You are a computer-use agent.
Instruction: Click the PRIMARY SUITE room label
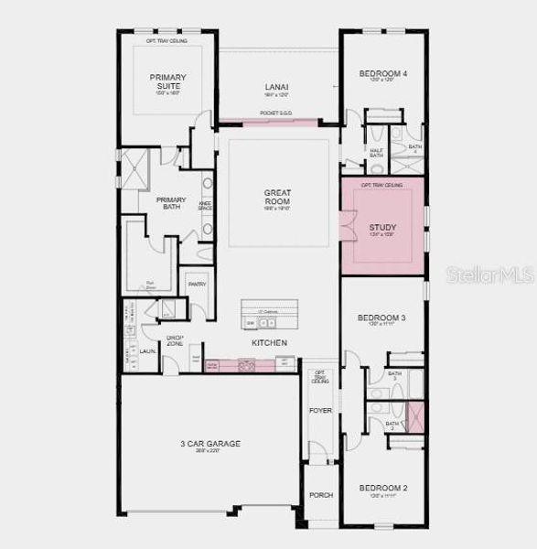point(166,82)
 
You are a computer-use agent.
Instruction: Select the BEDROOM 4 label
point(382,73)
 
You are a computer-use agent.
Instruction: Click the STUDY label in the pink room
point(383,227)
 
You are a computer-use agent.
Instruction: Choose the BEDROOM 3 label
point(381,318)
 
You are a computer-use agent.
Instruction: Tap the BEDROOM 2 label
point(382,488)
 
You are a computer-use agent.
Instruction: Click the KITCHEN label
point(270,343)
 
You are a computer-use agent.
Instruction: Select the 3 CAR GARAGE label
point(209,444)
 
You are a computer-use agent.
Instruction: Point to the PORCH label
point(320,495)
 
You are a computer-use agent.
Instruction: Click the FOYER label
point(320,411)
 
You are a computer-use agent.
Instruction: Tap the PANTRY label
point(197,285)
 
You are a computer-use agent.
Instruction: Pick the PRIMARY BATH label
point(170,203)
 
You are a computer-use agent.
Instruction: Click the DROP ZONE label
point(175,340)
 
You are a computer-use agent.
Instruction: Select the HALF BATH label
point(376,154)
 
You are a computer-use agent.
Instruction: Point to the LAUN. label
point(147,350)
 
